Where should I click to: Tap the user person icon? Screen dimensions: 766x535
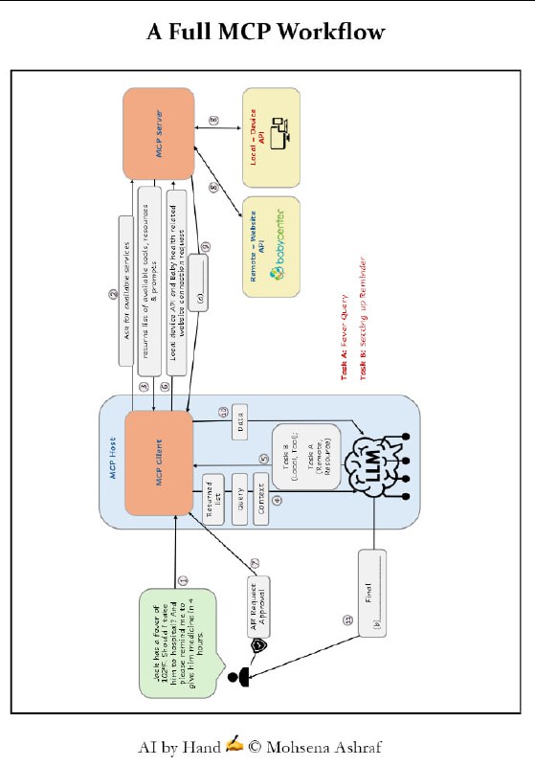coord(239,679)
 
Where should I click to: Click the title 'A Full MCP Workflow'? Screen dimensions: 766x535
coord(266,32)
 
